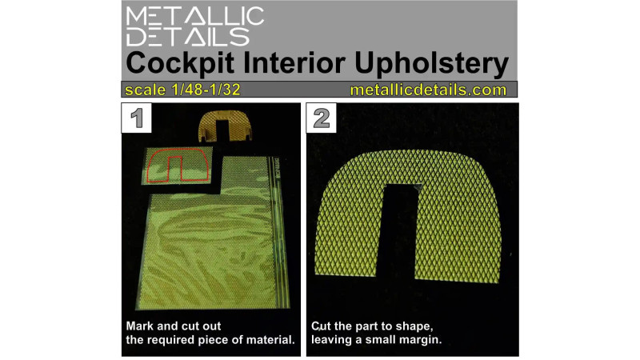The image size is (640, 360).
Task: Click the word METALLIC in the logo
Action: (x=194, y=16)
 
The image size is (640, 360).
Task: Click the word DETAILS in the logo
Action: (x=188, y=37)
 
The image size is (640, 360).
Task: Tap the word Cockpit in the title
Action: (x=180, y=63)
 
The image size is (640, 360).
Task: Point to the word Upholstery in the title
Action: (x=432, y=64)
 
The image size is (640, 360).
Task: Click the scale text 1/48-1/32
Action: (x=206, y=90)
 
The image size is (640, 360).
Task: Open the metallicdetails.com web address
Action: (x=428, y=90)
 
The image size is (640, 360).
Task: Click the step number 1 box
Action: (x=136, y=118)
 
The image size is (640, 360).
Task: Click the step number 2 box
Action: (x=322, y=118)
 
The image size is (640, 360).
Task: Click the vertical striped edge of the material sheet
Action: (x=278, y=233)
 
